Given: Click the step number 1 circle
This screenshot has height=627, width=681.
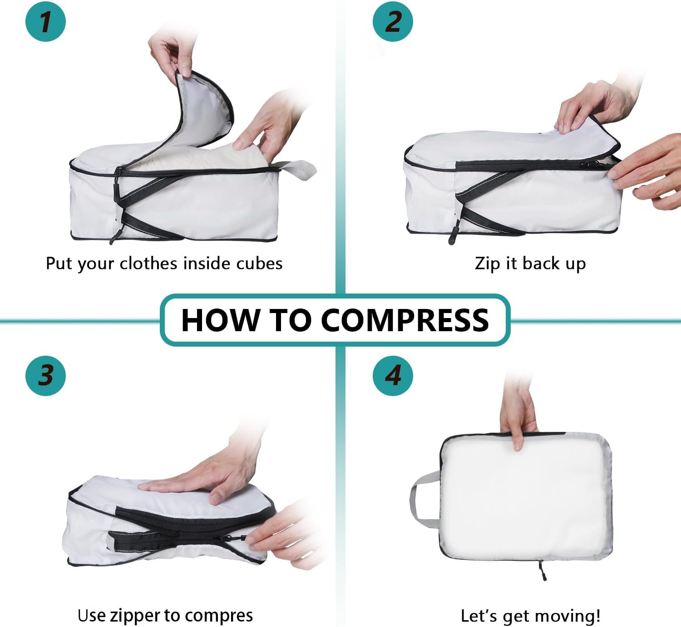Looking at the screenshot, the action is coord(45,21).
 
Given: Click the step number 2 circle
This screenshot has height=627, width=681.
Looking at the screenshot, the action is coord(393,21).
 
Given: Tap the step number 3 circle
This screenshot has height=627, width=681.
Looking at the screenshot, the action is coord(45,376).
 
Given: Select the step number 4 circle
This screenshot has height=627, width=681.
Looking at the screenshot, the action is coord(393,376).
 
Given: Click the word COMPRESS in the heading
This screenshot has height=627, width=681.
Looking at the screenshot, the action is coord(405,320).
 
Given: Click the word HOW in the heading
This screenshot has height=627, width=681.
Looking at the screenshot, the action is coord(221,320).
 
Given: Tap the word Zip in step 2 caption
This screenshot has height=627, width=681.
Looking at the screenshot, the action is coord(488,264).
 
